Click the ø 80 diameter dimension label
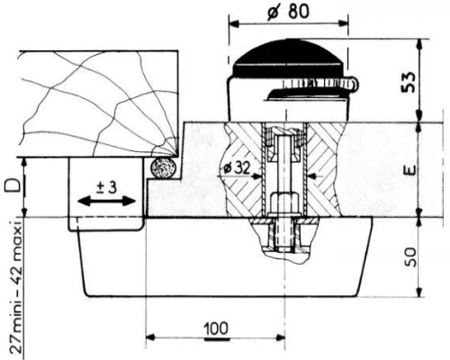click(288, 13)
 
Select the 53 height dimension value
click(409, 83)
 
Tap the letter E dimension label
click(410, 169)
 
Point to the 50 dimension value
click(410, 257)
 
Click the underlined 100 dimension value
click(217, 329)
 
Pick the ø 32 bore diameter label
click(237, 168)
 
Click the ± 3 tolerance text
click(106, 188)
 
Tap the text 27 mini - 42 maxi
click(15, 287)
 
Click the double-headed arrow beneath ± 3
click(106, 201)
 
